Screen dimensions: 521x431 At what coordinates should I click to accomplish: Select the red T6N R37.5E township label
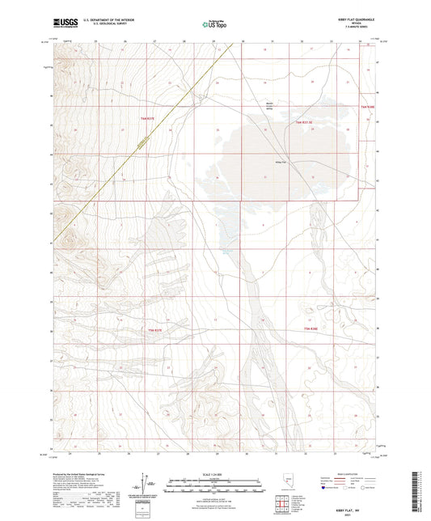pyautogui.click(x=303, y=121)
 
